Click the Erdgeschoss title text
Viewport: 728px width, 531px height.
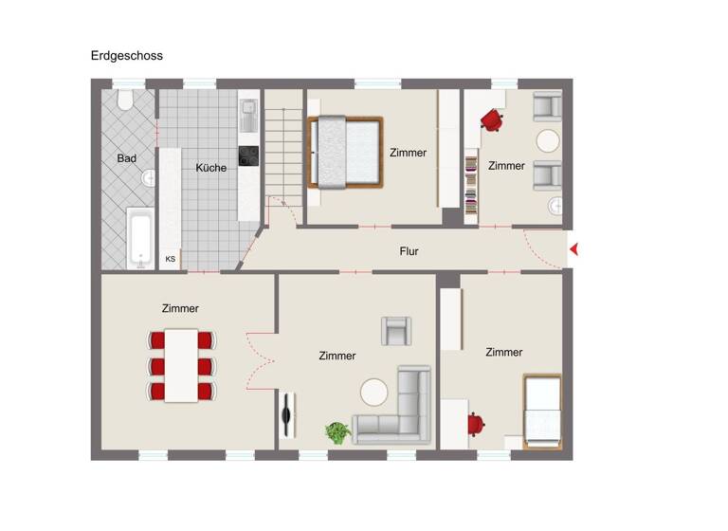[x=126, y=56]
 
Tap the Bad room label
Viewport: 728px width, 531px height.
[x=127, y=158]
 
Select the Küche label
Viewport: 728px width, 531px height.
[x=210, y=168]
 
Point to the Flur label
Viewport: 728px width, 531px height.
[x=409, y=251]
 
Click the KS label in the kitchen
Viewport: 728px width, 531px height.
[x=171, y=259]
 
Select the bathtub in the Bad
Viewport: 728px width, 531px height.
[x=139, y=238]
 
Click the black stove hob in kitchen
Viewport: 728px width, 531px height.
[x=247, y=156]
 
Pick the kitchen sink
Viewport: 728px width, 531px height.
[x=248, y=117]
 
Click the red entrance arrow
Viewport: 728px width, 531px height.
[x=573, y=250]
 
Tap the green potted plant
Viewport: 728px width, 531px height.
[x=337, y=432]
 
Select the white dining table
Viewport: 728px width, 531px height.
[x=181, y=365]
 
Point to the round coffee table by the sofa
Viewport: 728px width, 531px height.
[x=373, y=392]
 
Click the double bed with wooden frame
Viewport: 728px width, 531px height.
[x=346, y=152]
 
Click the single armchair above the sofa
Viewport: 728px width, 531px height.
[x=397, y=330]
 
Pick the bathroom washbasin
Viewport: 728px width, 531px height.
[x=149, y=178]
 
